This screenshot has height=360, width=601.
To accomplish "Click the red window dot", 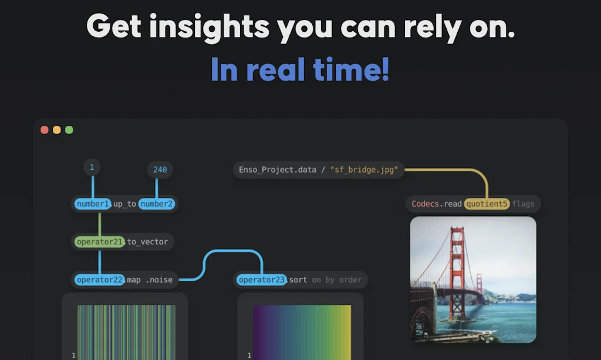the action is (x=45, y=130).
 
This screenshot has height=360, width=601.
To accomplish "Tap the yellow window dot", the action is (x=57, y=130).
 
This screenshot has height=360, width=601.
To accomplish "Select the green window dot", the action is (x=69, y=130).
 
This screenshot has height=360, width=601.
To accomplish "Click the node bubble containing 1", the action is (x=92, y=167).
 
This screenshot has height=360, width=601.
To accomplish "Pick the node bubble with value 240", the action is (x=160, y=170).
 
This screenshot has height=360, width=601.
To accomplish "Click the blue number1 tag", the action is (x=93, y=204).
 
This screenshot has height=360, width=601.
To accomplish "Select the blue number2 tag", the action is (x=156, y=204).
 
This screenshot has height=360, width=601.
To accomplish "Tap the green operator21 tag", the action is (x=100, y=241).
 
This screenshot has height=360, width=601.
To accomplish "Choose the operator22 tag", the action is (x=100, y=280).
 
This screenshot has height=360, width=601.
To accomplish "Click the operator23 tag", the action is (x=261, y=280).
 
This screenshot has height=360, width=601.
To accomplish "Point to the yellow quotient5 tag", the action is (x=487, y=204).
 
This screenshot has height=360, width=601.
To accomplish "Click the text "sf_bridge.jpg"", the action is (x=364, y=170).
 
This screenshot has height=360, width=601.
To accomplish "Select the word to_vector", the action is (x=147, y=242).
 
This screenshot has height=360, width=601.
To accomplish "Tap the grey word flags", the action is (x=523, y=204).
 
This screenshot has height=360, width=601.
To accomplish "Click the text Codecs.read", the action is (x=437, y=204).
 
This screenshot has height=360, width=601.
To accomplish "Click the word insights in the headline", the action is (x=210, y=27).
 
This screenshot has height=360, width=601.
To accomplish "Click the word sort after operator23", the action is (x=298, y=280).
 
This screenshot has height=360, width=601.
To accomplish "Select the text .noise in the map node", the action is (x=159, y=280).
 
